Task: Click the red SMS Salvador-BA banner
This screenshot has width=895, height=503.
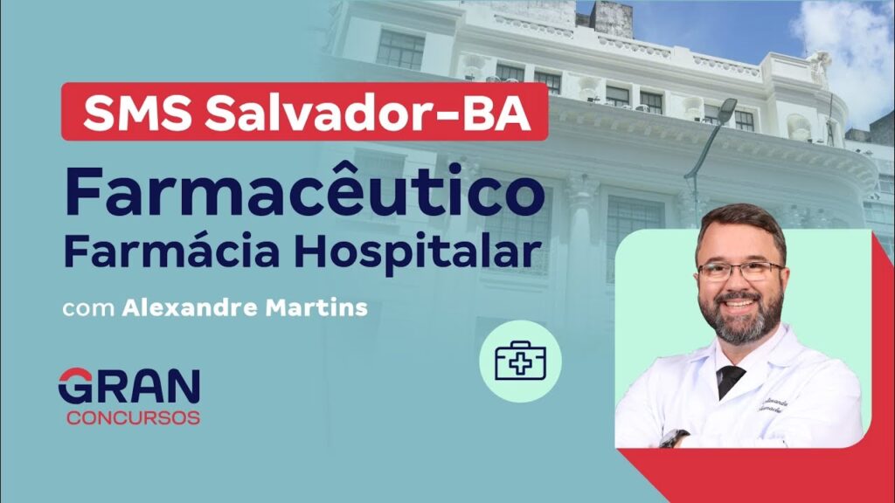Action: (304, 112)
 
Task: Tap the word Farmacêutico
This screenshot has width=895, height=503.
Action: (305, 191)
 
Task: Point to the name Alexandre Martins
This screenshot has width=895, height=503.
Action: (245, 308)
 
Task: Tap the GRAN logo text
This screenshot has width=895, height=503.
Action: (129, 387)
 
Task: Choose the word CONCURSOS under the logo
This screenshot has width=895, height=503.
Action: (133, 417)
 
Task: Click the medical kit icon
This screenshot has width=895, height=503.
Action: (520, 361)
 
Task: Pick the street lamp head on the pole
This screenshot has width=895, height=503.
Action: (726, 110)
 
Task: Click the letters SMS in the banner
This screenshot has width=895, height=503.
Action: (137, 113)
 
